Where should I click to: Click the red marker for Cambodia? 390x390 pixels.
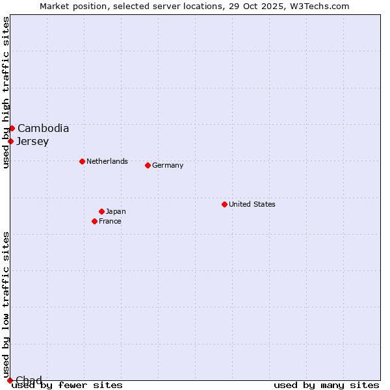12,128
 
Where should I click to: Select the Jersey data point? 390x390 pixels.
10,141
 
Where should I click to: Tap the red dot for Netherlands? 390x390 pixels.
82,161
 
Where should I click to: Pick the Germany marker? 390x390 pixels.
148,165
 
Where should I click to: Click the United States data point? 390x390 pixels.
224,204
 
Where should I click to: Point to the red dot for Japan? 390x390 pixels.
101,211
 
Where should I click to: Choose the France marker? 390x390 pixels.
94,221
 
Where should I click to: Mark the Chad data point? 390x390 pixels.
9,380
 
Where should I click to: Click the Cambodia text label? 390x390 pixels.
43,128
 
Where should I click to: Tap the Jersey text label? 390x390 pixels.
32,141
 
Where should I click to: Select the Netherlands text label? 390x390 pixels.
107,161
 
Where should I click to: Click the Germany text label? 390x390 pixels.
168,165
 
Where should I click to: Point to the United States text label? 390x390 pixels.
252,204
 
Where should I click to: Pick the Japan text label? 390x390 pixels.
116,211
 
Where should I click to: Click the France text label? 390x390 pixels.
110,221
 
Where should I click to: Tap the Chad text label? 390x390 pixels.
29,380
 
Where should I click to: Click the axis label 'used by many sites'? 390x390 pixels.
326,385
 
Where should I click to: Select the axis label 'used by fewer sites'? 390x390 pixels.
68,385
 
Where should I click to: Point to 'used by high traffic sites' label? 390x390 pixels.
6,92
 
